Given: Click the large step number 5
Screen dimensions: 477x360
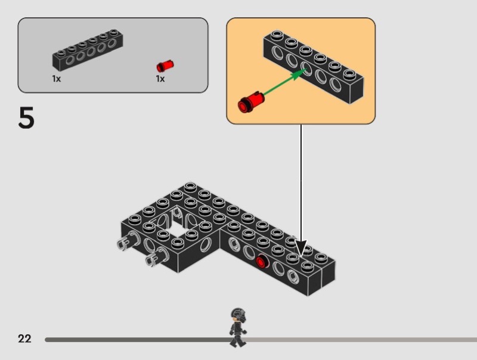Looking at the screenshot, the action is tap(26, 117).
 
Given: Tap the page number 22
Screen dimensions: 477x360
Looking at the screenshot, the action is tap(24, 339).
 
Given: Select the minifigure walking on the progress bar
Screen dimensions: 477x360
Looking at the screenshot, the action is tap(238, 327).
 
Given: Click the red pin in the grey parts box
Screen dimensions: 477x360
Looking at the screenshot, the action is tap(165, 66).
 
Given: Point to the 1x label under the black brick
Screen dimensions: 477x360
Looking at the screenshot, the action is tap(56, 79).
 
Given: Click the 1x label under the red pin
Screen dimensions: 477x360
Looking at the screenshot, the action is tap(160, 79).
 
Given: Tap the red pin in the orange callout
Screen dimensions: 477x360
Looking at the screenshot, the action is tap(251, 102).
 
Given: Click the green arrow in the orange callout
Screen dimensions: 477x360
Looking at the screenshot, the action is tap(285, 82).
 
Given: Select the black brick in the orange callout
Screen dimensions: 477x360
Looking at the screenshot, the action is tap(314, 67).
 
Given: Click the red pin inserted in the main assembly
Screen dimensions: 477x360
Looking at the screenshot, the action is tap(261, 262).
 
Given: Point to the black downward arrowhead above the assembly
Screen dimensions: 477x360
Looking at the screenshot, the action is tap(301, 248).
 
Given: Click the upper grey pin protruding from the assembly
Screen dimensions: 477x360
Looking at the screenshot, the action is tap(126, 240).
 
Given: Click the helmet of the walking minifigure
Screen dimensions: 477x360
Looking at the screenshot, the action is tap(238, 314).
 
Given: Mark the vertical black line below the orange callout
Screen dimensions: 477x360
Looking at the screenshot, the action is tap(301, 182).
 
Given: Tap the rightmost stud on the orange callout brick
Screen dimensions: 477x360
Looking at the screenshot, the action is tap(349, 74).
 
